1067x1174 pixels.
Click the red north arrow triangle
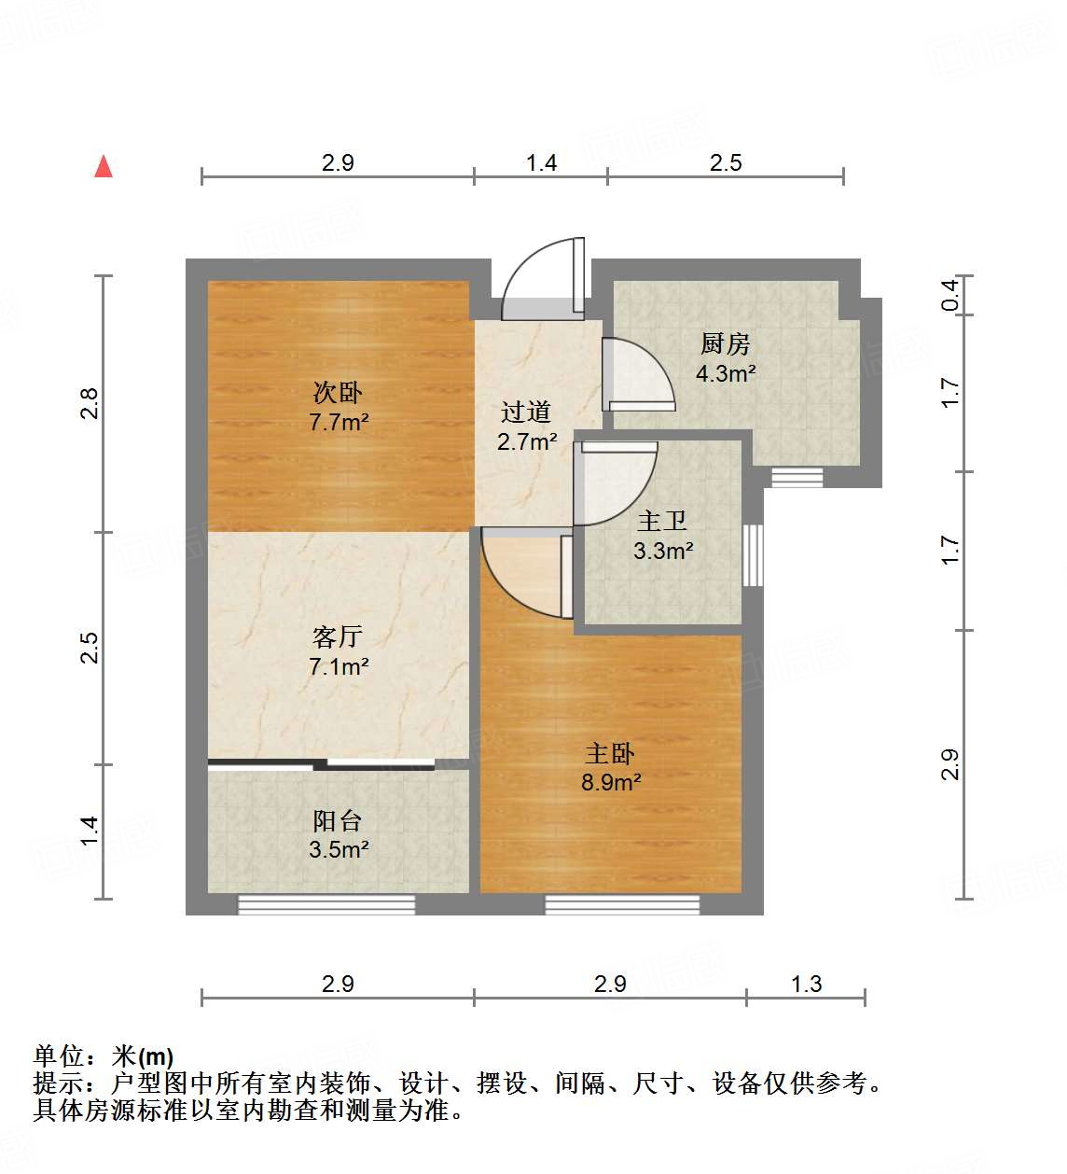[104, 167]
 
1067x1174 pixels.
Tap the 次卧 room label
[338, 392]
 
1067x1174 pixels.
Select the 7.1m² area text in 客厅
[339, 666]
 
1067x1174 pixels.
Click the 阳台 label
[338, 820]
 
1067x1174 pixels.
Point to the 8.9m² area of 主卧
[611, 782]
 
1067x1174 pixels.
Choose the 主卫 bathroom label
[662, 521]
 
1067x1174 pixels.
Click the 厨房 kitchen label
[725, 343]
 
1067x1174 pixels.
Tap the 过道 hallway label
[526, 412]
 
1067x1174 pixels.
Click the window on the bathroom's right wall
[753, 555]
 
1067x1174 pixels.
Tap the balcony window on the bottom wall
[326, 903]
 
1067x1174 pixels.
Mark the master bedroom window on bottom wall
[622, 903]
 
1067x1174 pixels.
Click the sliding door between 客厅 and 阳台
[321, 765]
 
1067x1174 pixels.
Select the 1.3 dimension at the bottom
[806, 984]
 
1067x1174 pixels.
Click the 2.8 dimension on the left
[89, 403]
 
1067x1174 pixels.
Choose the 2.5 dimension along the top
[726, 162]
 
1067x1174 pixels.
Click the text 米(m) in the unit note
[143, 1056]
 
